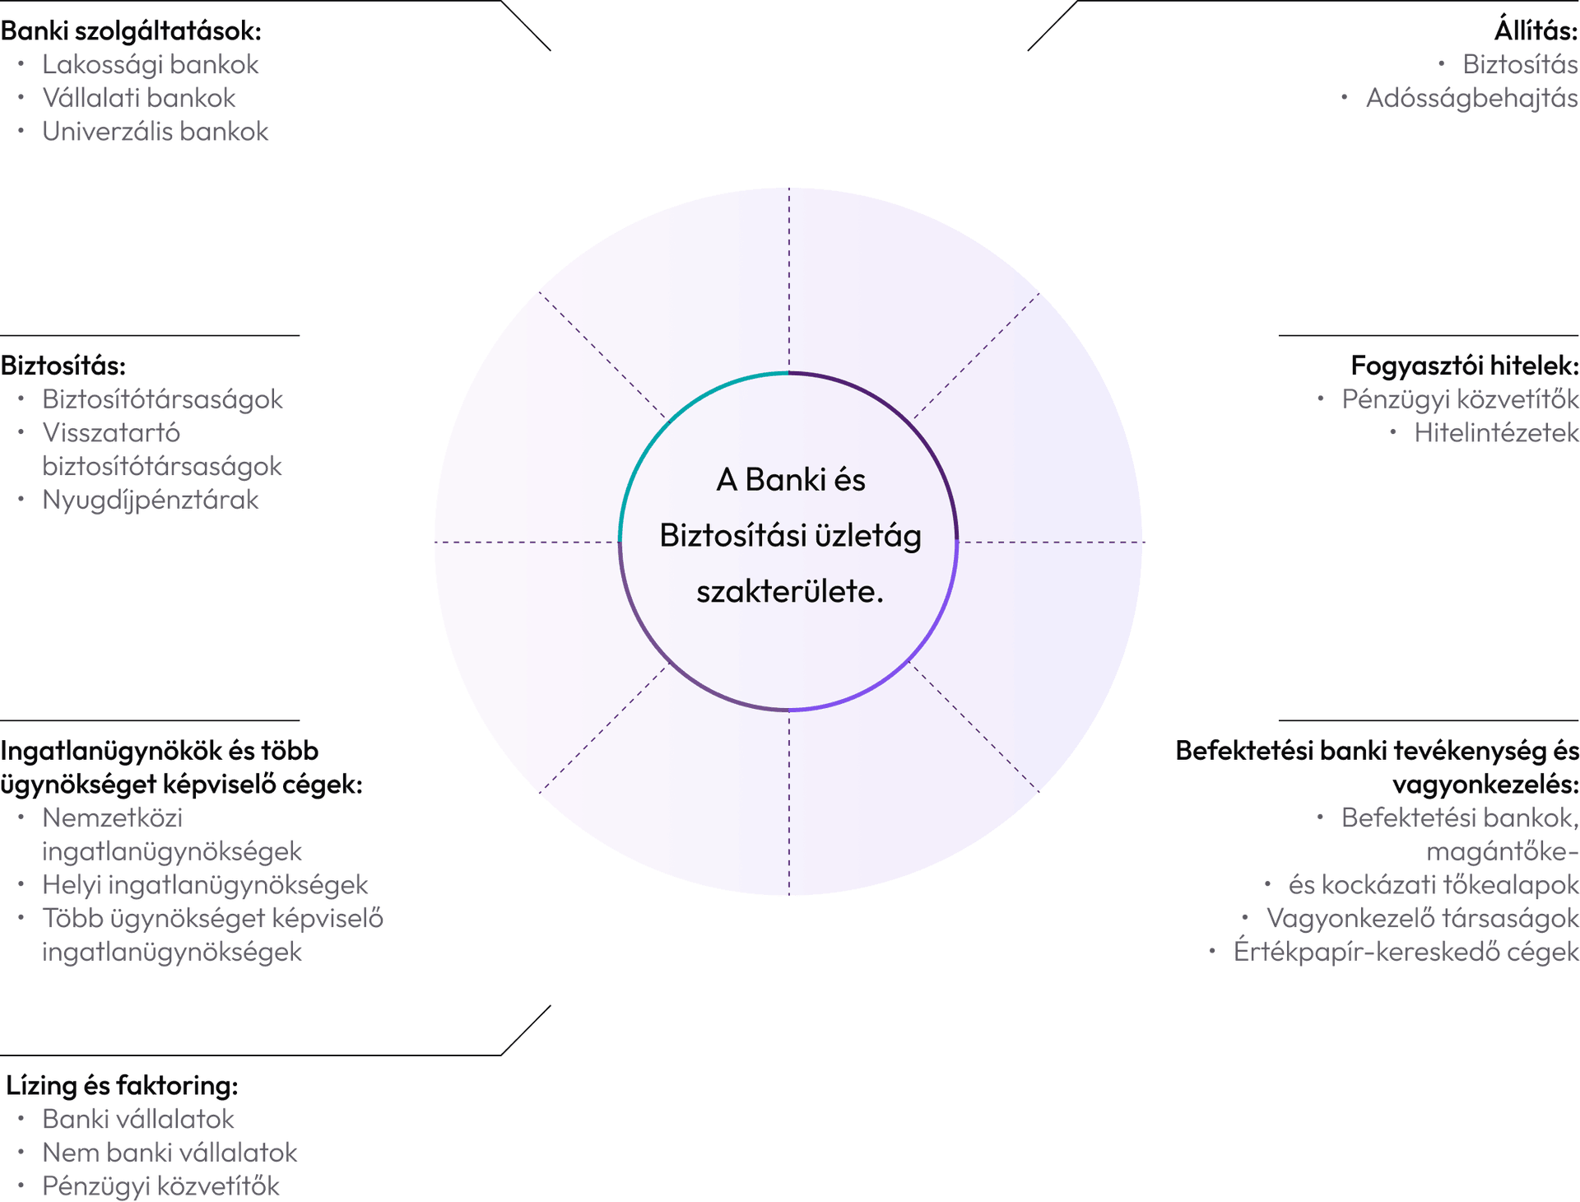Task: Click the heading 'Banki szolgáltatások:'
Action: [x=131, y=31]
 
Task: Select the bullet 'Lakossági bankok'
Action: [x=151, y=65]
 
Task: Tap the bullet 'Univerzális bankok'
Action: [x=156, y=132]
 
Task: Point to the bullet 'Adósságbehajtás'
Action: [x=1472, y=99]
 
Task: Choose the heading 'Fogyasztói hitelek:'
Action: [x=1465, y=366]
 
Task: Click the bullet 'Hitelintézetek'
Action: [x=1496, y=433]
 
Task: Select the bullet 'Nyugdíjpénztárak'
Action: [x=151, y=501]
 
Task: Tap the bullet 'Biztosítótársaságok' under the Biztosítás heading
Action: [x=163, y=399]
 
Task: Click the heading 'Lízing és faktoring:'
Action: [x=123, y=1086]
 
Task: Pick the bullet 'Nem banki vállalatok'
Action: [x=170, y=1153]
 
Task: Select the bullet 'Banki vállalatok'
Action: [x=138, y=1120]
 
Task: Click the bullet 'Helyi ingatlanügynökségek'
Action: [x=205, y=885]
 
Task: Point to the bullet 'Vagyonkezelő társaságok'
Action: [x=1423, y=918]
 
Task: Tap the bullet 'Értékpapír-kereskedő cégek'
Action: [x=1406, y=952]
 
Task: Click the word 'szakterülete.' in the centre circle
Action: [x=790, y=592]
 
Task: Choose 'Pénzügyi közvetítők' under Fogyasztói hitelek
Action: [x=1461, y=399]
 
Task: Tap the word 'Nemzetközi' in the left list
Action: [x=113, y=818]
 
